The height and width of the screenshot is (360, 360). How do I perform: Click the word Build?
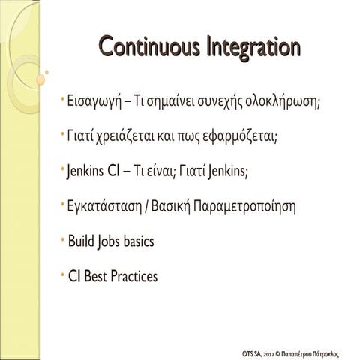pyautogui.click(x=80, y=241)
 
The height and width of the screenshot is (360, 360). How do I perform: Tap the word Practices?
pyautogui.click(x=133, y=276)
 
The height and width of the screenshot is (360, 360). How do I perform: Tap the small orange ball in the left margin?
pyautogui.click(x=40, y=79)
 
